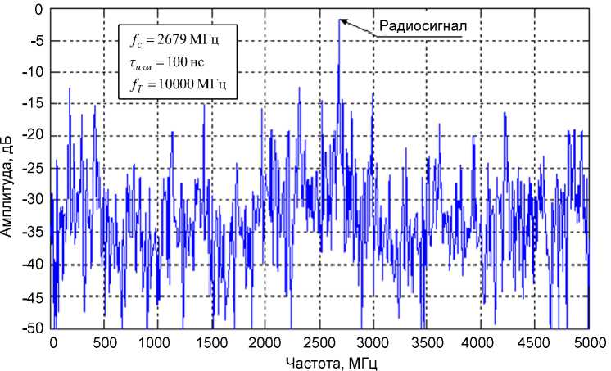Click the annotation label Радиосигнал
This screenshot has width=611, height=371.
click(422, 26)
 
